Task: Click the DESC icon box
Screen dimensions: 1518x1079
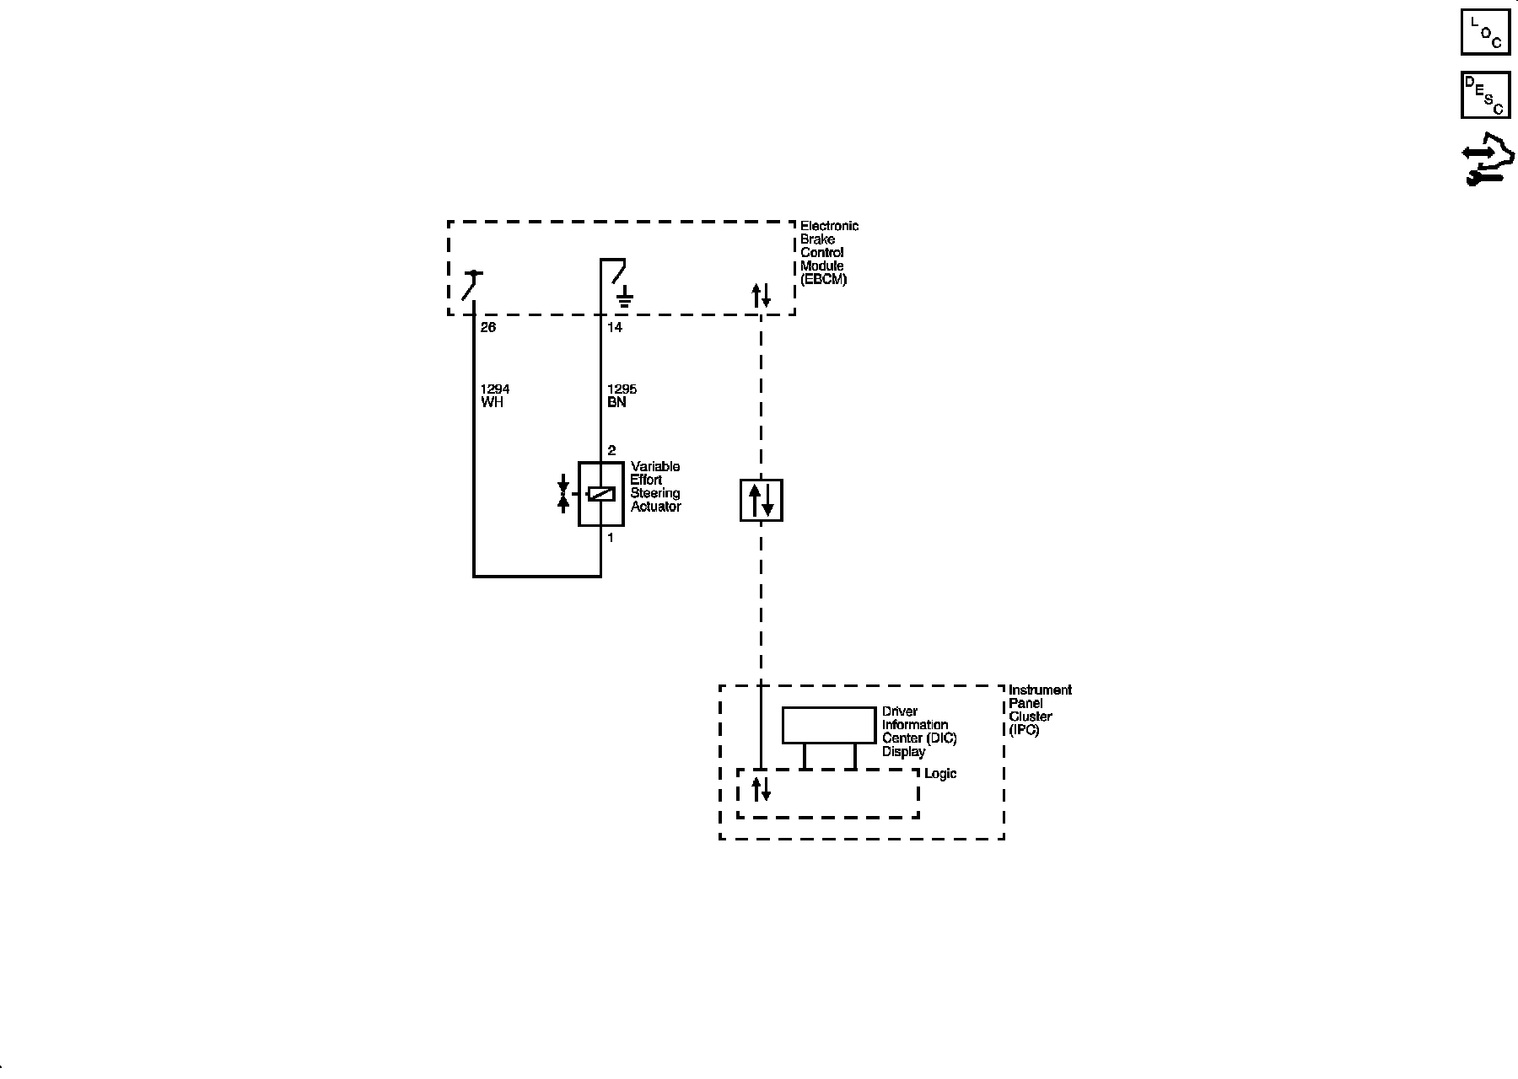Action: [1485, 95]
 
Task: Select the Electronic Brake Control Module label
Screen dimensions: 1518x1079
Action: [828, 252]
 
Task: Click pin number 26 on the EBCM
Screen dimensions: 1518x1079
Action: [488, 327]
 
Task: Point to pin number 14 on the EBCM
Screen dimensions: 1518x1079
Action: [615, 327]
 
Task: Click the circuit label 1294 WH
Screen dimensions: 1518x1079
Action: [495, 395]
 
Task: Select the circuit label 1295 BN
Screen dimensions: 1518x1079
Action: [622, 395]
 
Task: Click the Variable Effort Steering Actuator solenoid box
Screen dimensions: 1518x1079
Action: [600, 494]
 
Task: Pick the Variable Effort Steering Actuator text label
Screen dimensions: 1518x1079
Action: [655, 486]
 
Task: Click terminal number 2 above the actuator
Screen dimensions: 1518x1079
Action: [611, 450]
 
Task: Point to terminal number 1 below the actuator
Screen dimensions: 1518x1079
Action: [611, 537]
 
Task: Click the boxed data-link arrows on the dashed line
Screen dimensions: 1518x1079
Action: [762, 500]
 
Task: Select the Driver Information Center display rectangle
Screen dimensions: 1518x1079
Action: [829, 725]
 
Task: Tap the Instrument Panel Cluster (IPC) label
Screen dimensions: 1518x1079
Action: [1039, 710]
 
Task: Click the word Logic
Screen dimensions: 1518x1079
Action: [940, 774]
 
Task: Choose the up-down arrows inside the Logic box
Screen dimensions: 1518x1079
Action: [762, 789]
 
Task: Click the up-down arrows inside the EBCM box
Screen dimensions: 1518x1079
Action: [762, 295]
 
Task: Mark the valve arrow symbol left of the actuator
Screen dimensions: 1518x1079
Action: [563, 494]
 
